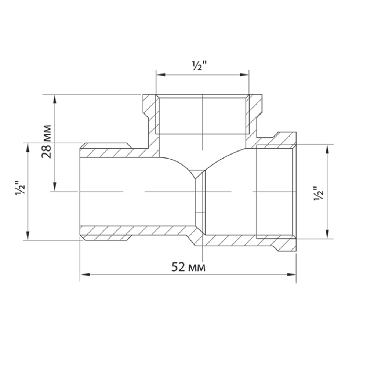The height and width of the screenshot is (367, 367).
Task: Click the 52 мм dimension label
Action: [188, 267]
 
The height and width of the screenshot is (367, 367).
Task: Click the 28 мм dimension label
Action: [46, 141]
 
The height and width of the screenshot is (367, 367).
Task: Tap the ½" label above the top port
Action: [199, 66]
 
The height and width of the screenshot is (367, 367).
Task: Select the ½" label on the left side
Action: [20, 188]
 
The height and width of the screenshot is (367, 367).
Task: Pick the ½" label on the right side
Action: [319, 193]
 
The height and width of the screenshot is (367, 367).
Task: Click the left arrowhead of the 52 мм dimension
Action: [85, 274]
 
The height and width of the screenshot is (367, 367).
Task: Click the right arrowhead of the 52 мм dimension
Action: [292, 274]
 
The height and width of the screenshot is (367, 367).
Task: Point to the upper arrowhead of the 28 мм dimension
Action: [55, 99]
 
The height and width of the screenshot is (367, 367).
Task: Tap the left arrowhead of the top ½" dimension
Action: [161, 75]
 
